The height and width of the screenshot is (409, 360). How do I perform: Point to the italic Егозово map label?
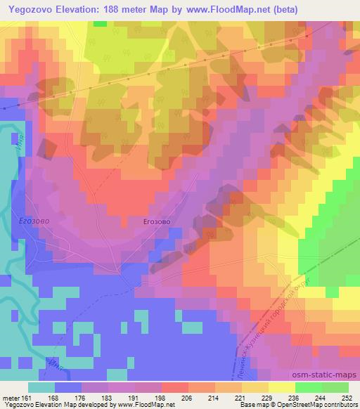coord(28,221)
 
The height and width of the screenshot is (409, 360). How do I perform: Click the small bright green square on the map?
coord(99,23)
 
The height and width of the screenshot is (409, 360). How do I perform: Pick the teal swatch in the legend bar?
coord(41,387)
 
